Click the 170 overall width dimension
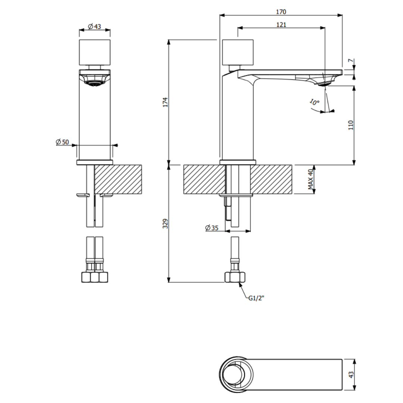[x=281, y=12]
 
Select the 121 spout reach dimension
[x=281, y=25]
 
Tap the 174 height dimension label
[x=165, y=102]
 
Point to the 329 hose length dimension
[x=165, y=224]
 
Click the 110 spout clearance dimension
[x=351, y=125]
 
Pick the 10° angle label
[x=314, y=102]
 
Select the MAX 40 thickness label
[x=311, y=179]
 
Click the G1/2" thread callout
[x=256, y=298]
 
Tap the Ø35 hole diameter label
[x=212, y=228]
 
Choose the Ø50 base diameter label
[x=62, y=142]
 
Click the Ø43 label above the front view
[x=94, y=26]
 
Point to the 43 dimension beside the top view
[x=352, y=375]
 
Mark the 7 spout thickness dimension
[x=350, y=61]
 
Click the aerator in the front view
[x=94, y=83]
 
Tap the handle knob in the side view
[x=238, y=52]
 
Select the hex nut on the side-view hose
[x=235, y=277]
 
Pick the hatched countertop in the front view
[x=118, y=179]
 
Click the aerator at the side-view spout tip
[x=325, y=84]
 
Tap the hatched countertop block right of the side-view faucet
[x=271, y=179]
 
